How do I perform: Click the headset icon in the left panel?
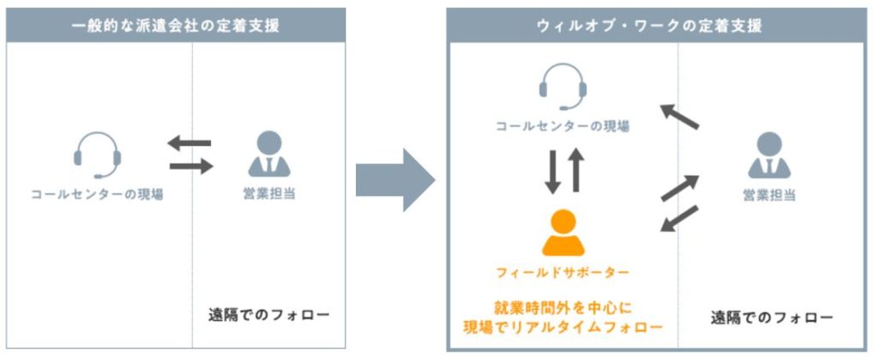click(96, 154)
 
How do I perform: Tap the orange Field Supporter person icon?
click(563, 232)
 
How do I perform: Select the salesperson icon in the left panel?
click(269, 154)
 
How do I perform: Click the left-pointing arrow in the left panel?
click(189, 143)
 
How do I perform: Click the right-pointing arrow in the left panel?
click(189, 167)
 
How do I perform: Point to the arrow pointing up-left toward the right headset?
click(680, 117)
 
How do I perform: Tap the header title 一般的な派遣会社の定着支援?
click(176, 26)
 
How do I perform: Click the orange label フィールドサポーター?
click(563, 273)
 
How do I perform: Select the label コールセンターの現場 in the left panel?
click(96, 194)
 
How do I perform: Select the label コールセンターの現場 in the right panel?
click(563, 126)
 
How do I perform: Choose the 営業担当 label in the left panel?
click(269, 194)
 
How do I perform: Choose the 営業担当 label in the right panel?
click(769, 195)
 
